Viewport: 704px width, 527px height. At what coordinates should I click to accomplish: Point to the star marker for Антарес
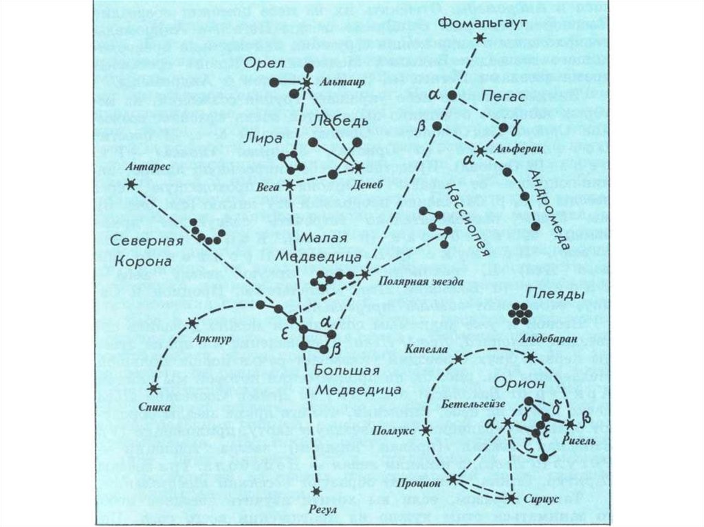(131, 183)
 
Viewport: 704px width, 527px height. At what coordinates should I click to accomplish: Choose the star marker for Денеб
(360, 167)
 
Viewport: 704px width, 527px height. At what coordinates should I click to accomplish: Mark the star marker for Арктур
(192, 323)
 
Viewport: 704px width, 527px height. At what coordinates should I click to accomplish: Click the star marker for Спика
(153, 389)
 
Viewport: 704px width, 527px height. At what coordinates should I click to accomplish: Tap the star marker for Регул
(316, 491)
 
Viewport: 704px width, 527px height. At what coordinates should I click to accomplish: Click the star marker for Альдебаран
(530, 356)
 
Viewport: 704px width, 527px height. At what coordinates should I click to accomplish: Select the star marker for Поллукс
(426, 430)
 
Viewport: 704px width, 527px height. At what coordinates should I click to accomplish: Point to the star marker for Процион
(453, 479)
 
